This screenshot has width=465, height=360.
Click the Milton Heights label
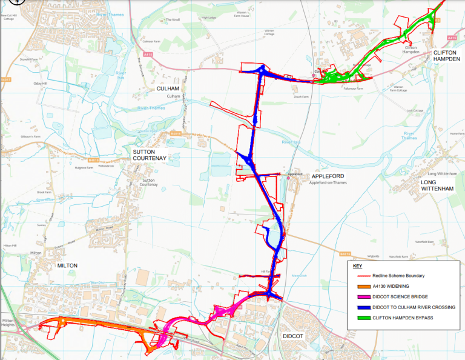pos(8,322)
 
